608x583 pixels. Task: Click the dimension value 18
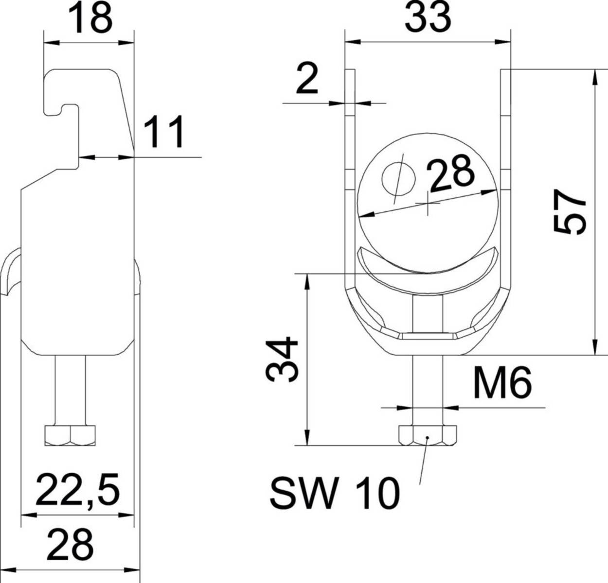coord(90,18)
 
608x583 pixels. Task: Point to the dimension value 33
coord(428,18)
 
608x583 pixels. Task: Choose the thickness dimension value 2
coord(307,81)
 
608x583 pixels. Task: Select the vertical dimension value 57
coord(570,212)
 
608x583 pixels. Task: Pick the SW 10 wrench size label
coord(335,493)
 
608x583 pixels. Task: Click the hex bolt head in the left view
coord(70,435)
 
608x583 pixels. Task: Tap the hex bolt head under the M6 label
coord(427,435)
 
